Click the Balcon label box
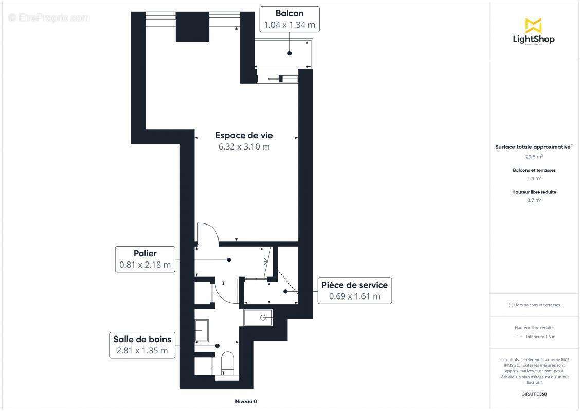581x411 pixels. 289,20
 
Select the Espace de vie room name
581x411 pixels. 244,136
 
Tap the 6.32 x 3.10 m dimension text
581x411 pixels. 244,147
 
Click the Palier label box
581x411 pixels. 145,259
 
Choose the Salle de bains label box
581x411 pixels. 142,345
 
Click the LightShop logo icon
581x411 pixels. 533,25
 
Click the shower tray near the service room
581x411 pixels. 258,317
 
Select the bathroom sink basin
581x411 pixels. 202,330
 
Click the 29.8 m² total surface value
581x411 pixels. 534,157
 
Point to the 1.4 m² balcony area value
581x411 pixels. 534,178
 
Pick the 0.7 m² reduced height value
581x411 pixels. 534,200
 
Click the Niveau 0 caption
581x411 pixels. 242,401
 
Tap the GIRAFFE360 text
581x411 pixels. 534,394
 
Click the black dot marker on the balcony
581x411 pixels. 289,53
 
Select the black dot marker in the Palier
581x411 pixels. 229,260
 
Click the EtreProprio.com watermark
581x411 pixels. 49,17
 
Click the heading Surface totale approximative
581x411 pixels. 533,147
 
